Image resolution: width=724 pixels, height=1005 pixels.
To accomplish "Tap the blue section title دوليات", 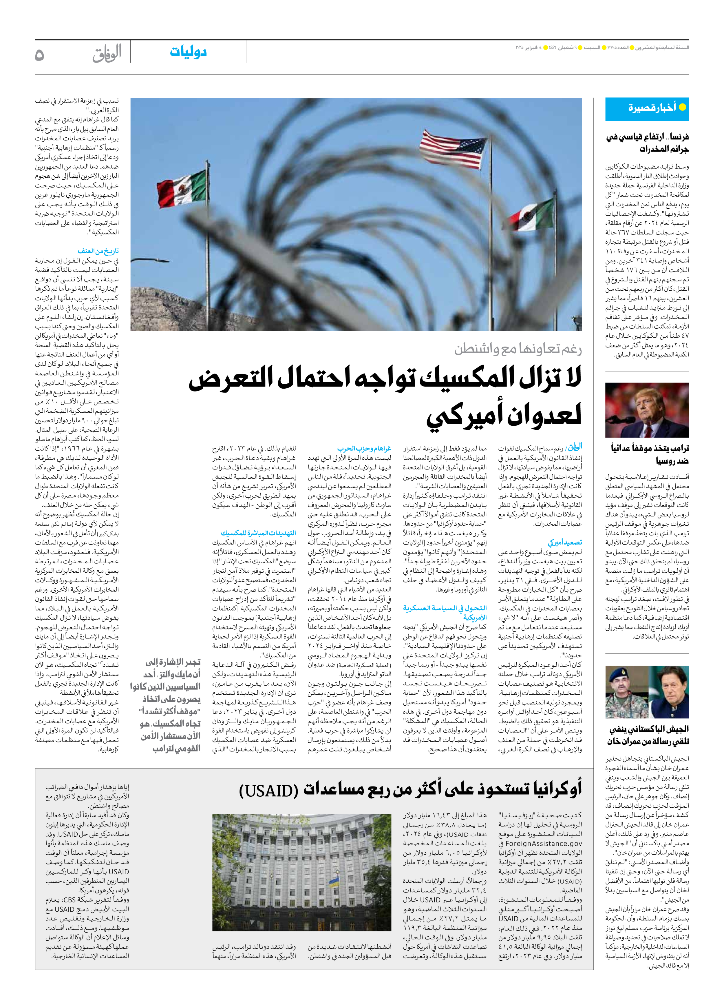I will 188,52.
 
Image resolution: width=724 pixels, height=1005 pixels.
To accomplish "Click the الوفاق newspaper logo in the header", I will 107,54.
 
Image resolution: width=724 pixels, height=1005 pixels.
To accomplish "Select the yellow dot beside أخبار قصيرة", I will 682,107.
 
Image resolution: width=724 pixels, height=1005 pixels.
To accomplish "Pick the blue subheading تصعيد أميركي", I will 565,542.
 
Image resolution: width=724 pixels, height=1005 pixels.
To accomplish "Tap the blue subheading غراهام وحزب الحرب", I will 364,448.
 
